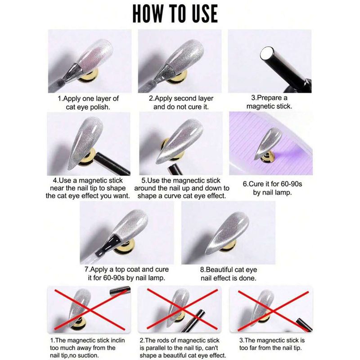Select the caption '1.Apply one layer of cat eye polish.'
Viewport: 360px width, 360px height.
point(88,103)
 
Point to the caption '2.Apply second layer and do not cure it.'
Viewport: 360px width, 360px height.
point(181,103)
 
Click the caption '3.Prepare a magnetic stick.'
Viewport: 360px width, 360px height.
point(269,102)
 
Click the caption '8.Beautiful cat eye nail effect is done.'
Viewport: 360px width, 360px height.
point(229,274)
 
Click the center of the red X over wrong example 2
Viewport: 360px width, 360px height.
point(182,309)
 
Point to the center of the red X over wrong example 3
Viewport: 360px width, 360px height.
point(273,311)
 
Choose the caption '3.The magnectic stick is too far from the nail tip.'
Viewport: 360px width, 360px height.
point(272,344)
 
